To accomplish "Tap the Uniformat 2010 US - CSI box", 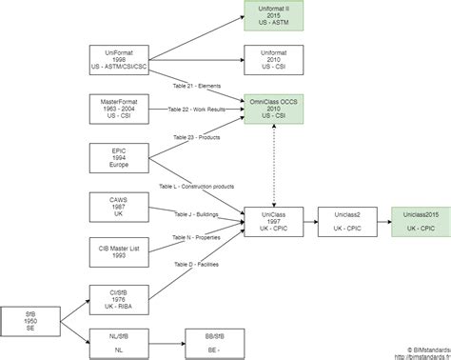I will (x=272, y=60).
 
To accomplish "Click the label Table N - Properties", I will (x=197, y=235).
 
